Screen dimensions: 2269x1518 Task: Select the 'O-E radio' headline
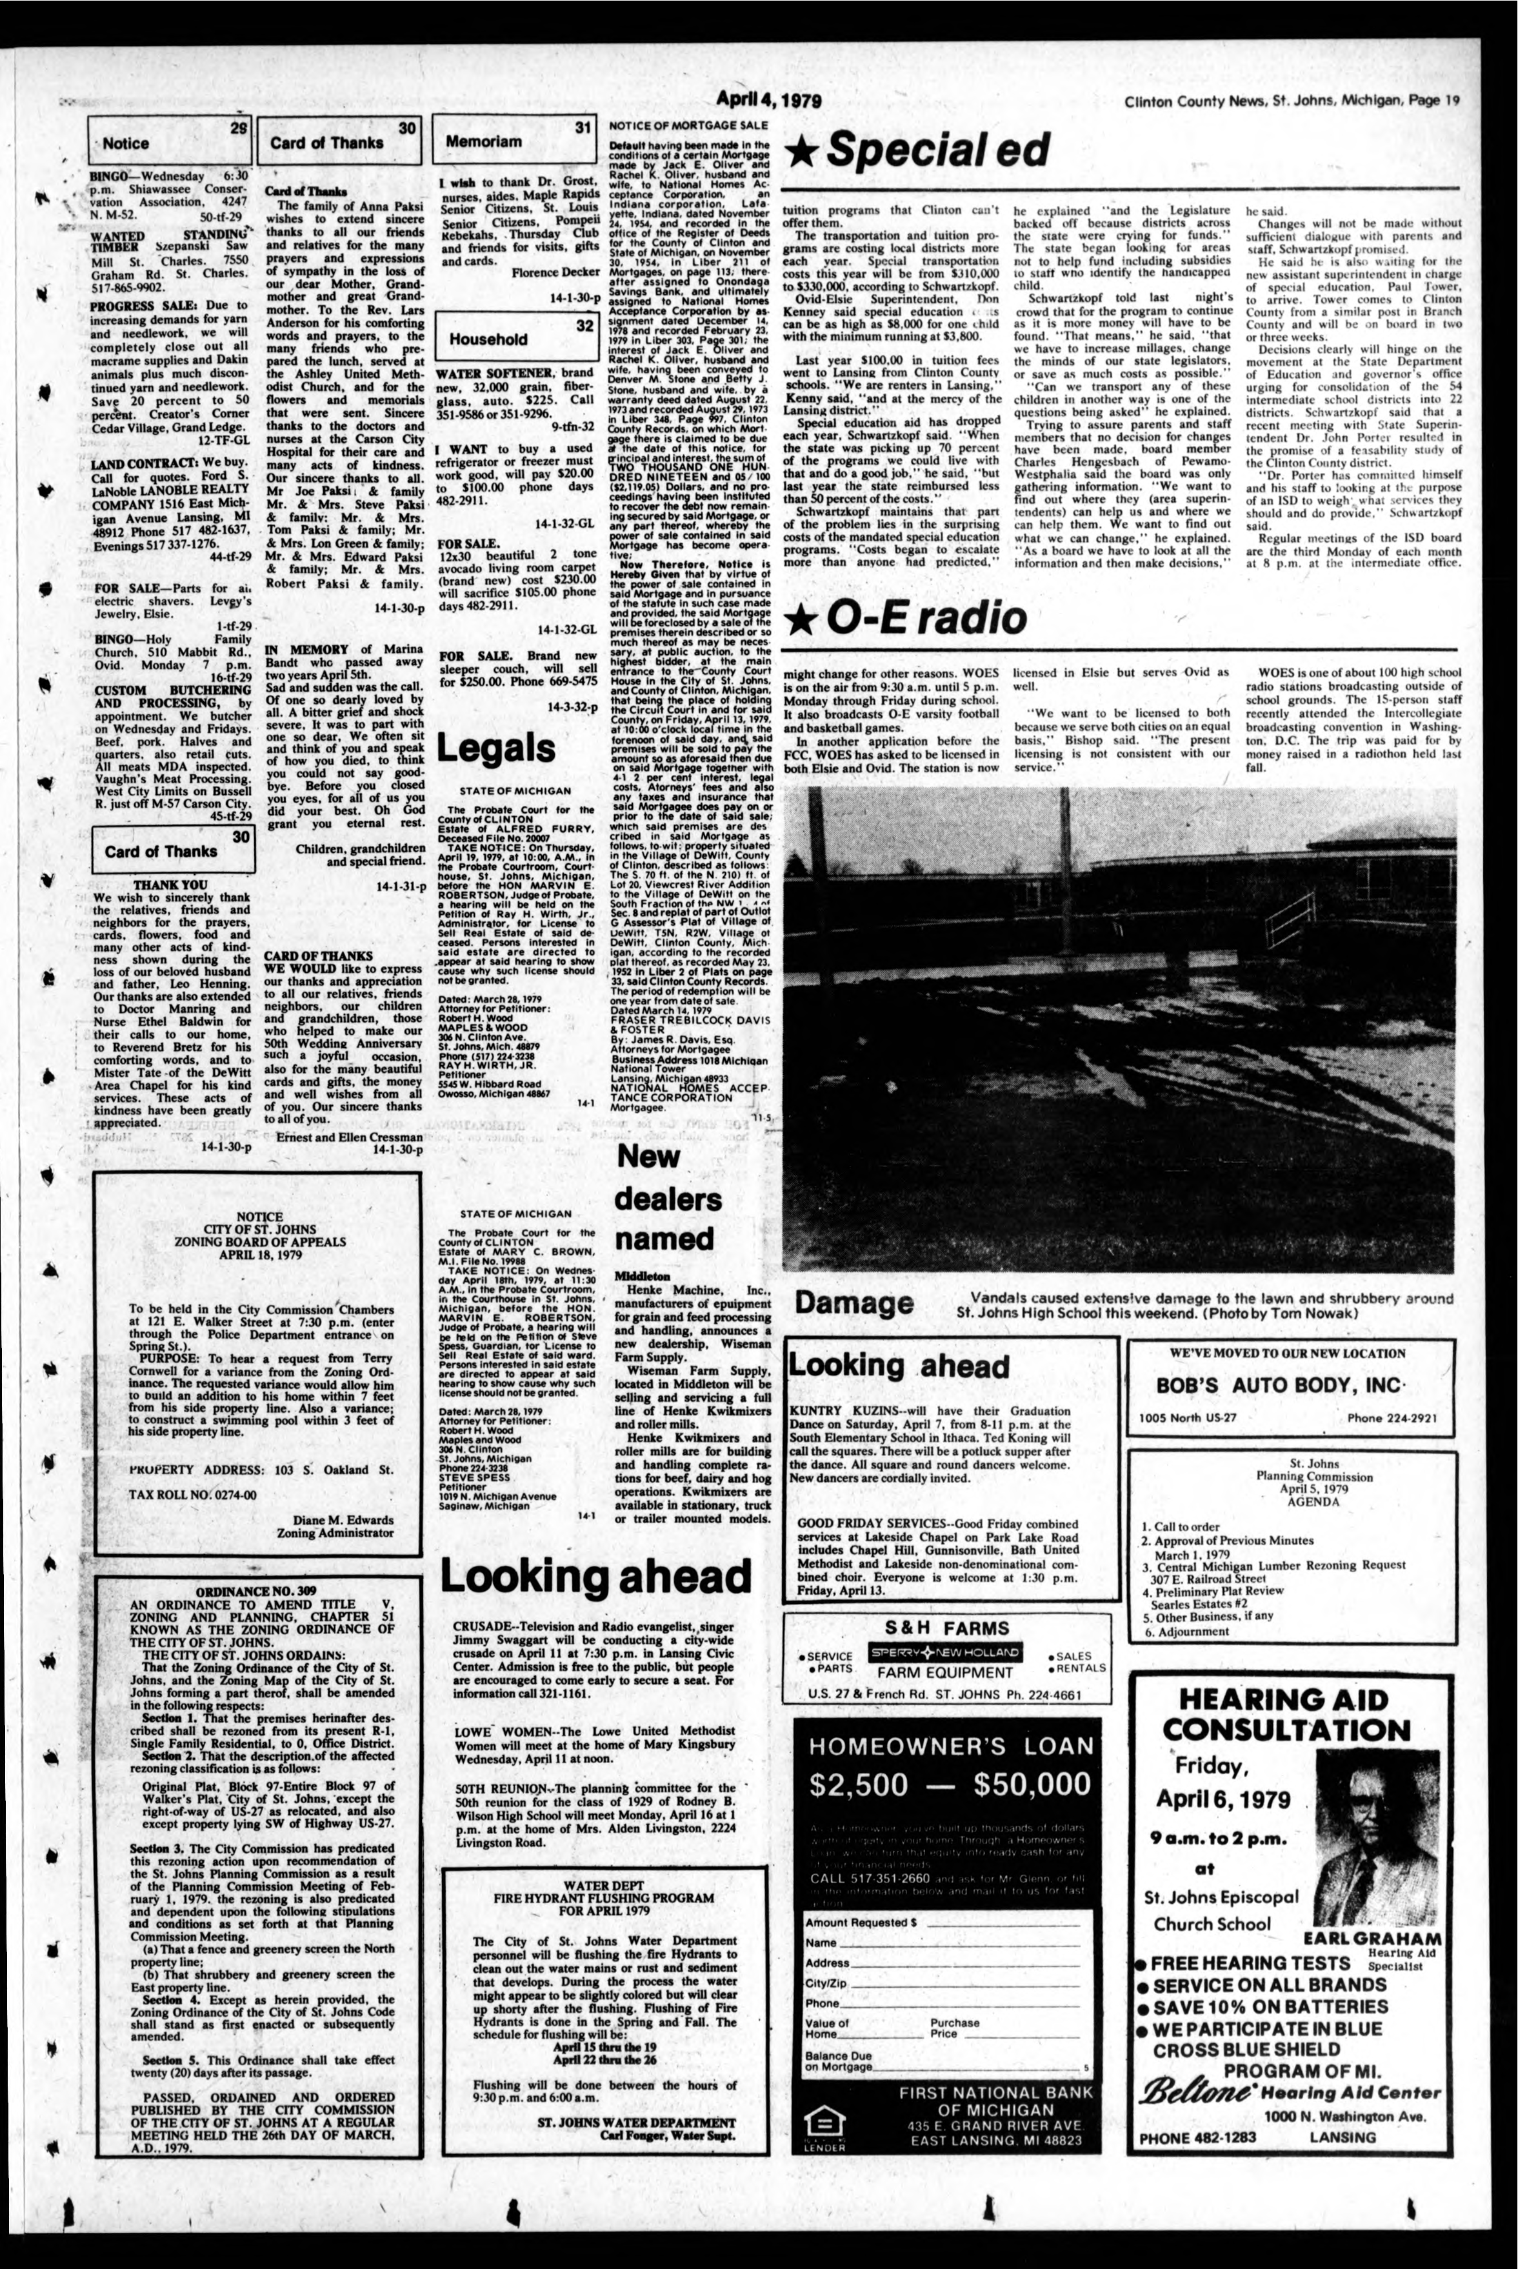906,617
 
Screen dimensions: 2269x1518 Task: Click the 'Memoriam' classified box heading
484,141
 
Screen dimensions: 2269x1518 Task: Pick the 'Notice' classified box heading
126,143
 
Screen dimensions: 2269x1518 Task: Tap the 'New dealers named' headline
667,1197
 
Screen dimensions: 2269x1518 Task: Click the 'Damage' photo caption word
854,1303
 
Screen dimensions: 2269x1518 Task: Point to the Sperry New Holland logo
945,1652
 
